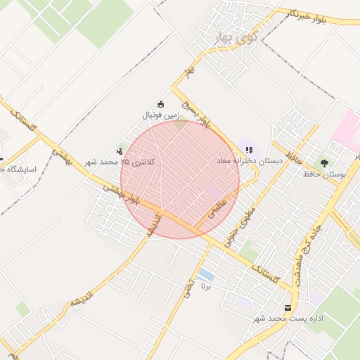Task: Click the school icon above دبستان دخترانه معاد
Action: click(249, 149)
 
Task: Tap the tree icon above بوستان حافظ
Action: click(324, 162)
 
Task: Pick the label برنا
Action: click(206, 287)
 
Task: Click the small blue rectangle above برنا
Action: click(206, 274)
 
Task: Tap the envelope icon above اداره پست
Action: click(288, 308)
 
